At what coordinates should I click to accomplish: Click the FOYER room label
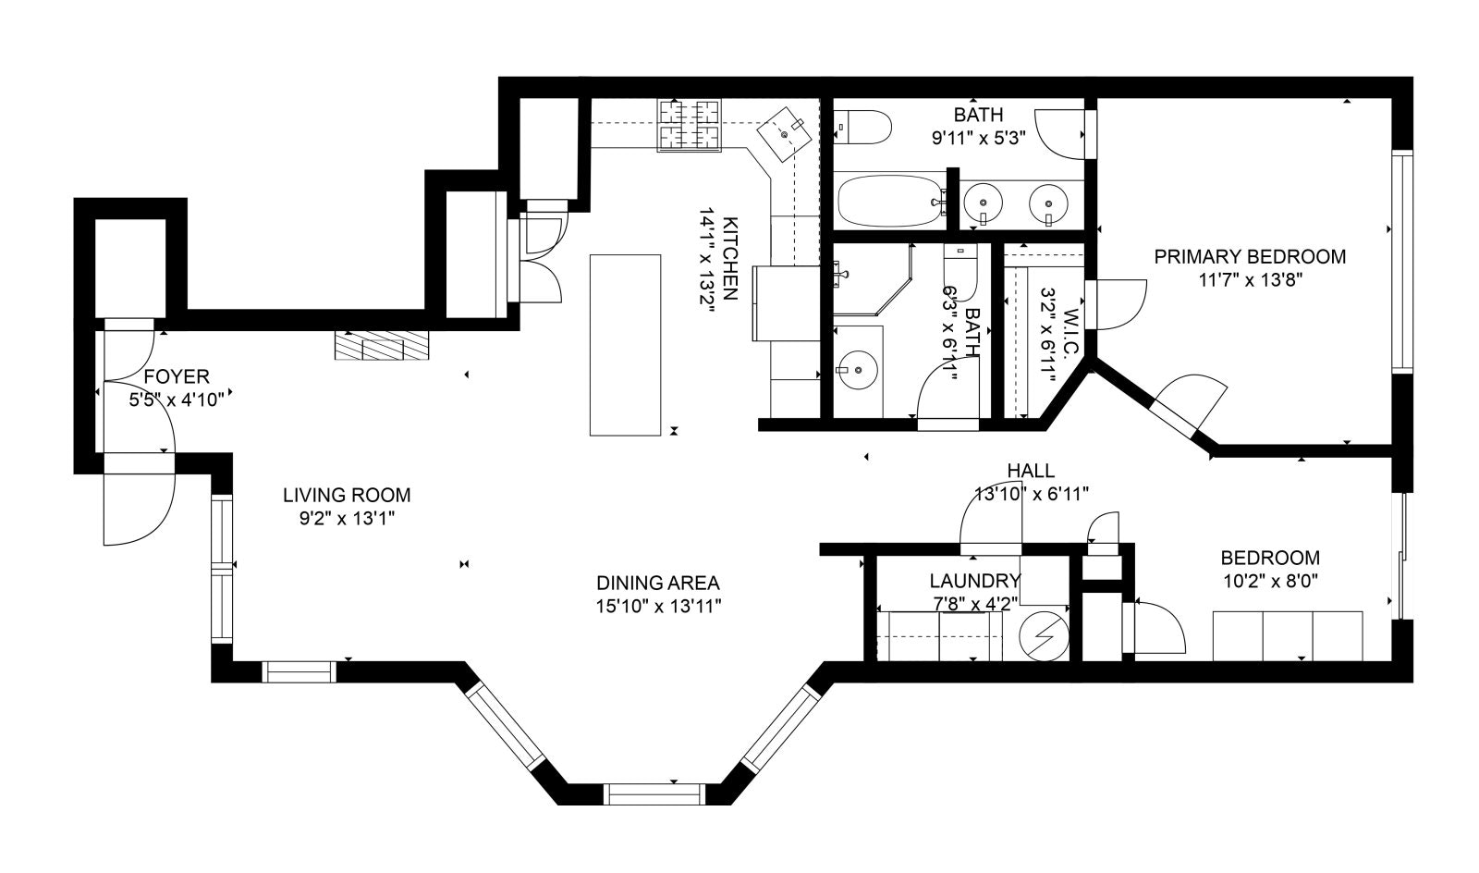[177, 377]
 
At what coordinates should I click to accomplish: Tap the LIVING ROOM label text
[347, 496]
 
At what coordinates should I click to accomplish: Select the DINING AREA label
[657, 584]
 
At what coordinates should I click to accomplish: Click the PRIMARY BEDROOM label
[1250, 257]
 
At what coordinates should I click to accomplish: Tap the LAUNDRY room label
[975, 581]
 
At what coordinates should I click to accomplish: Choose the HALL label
[1031, 471]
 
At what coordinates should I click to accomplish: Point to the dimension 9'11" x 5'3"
[978, 138]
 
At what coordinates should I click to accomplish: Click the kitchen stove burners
[689, 125]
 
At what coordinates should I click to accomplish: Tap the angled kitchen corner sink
[785, 134]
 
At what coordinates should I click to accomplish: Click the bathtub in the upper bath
[891, 201]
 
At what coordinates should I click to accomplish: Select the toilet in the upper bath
[862, 128]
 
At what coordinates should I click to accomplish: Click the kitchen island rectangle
[625, 345]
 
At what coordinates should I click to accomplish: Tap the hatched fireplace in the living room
[382, 345]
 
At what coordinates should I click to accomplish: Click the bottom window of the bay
[654, 793]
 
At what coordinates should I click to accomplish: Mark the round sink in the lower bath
[858, 371]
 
